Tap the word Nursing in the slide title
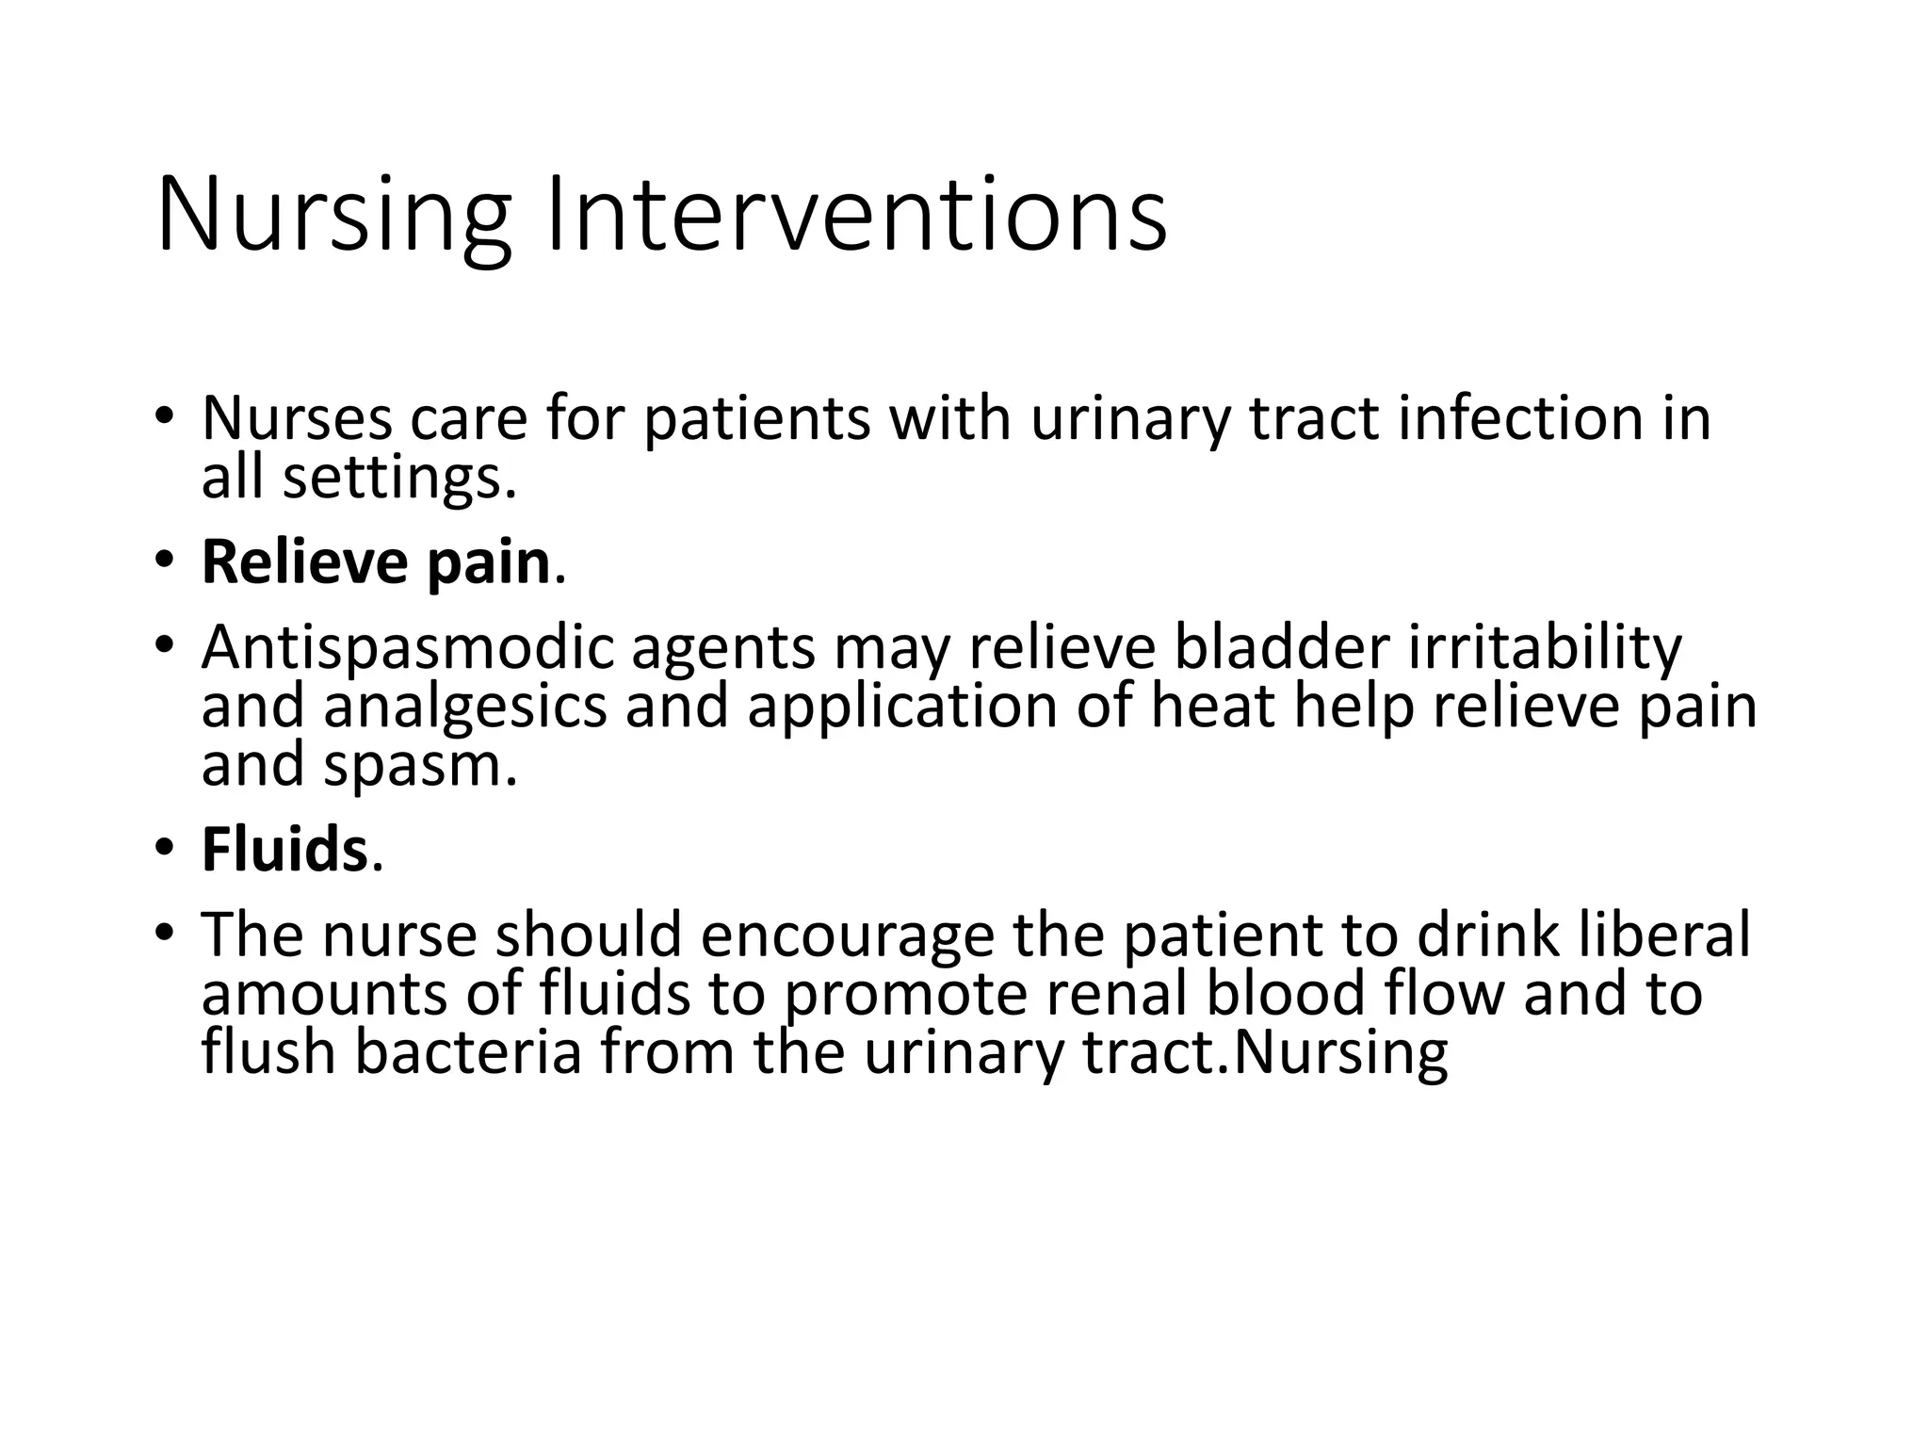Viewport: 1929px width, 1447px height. click(333, 217)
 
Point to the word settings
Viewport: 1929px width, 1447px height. click(399, 479)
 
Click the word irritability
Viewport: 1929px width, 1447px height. click(1545, 648)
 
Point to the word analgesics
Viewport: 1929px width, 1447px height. click(466, 708)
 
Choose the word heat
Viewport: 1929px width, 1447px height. click(1213, 707)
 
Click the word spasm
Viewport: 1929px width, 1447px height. click(420, 765)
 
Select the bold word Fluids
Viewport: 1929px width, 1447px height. click(284, 850)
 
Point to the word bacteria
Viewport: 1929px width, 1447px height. click(468, 1052)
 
